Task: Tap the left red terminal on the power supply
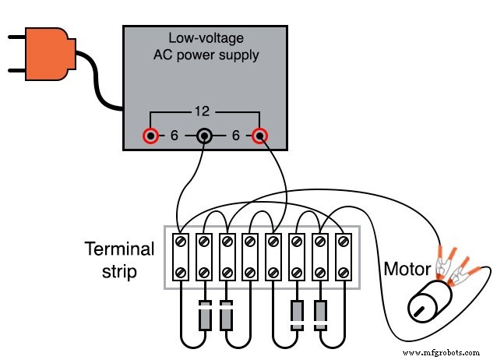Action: point(149,136)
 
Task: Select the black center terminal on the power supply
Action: point(203,136)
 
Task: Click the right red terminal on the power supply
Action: point(259,136)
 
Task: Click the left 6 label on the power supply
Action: point(174,136)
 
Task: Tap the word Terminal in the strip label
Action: point(118,250)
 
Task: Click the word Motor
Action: point(407,270)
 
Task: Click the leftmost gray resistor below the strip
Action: point(205,315)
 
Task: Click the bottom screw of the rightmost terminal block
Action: point(343,273)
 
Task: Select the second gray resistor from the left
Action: point(227,315)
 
